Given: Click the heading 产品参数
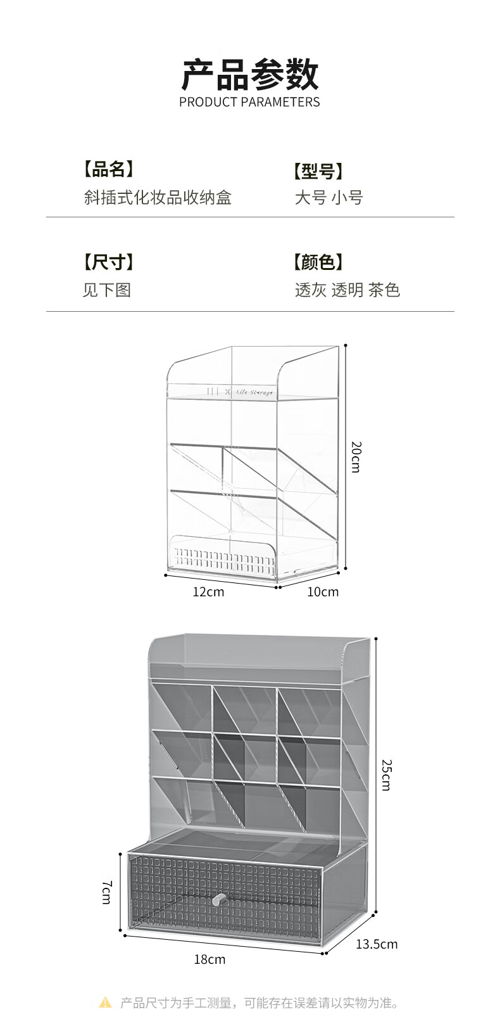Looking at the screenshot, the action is pos(249,75).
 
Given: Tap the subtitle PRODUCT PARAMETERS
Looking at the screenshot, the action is pos(249,102).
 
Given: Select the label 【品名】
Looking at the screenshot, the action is pos(108,169).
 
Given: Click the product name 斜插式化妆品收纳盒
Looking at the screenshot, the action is pos(158,197).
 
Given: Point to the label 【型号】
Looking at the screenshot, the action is pos(318,171).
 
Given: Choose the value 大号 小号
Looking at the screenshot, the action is pos(328,198).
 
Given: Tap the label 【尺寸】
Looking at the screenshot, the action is pos(108,262).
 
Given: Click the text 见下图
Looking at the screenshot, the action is pos(106,290).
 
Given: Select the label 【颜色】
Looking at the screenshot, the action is pos(318,262).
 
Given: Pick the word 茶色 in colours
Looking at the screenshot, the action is pos(384,290).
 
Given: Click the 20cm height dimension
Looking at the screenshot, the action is pos(356,456).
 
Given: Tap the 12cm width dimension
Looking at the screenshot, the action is pos(208,592).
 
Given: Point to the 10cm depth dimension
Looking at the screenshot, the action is pos(323,592).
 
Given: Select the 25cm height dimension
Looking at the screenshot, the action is pos(386,774).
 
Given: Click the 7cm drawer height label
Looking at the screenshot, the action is pos(106,892).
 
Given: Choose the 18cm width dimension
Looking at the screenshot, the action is pos(209,959).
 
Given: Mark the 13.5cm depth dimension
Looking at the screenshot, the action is pos(377,944).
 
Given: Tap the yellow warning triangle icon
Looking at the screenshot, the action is pos(105,1002).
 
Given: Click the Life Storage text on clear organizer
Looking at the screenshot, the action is pos(254,393).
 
